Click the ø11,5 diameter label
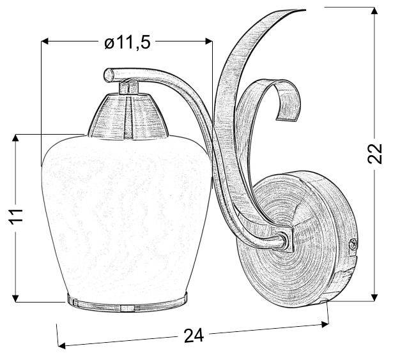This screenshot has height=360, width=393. point(127,43)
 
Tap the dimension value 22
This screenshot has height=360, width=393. point(375,154)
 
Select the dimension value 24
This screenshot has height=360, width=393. point(194,335)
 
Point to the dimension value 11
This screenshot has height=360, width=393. point(15,215)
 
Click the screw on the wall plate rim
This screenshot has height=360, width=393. point(353,242)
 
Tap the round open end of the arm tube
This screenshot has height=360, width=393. point(109,74)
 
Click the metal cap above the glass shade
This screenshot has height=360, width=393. point(128,116)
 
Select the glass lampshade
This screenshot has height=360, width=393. point(127,215)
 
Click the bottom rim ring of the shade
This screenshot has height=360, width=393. point(127,303)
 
